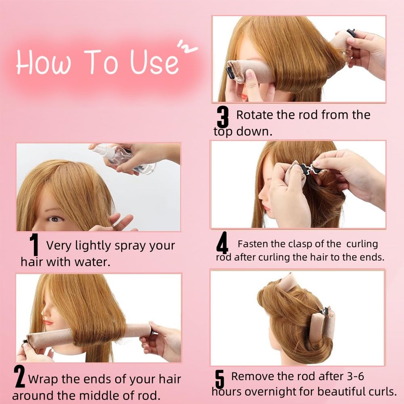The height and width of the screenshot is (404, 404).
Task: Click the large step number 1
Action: pyautogui.click(x=34, y=244)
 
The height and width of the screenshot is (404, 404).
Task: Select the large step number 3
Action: pyautogui.click(x=223, y=117)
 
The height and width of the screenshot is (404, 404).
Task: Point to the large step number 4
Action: pyautogui.click(x=222, y=242)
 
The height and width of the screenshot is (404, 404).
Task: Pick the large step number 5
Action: pyautogui.click(x=219, y=379)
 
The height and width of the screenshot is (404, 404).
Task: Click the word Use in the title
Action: pyautogui.click(x=154, y=61)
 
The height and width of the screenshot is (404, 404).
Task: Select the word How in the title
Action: pyautogui.click(x=43, y=62)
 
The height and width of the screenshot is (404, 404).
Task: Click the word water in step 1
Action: pyautogui.click(x=93, y=262)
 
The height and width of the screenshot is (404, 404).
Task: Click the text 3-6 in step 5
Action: pyautogui.click(x=355, y=376)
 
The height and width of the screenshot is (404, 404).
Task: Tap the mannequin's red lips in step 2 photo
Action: pyautogui.click(x=48, y=322)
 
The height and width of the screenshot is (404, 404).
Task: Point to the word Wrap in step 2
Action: pyautogui.click(x=43, y=379)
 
